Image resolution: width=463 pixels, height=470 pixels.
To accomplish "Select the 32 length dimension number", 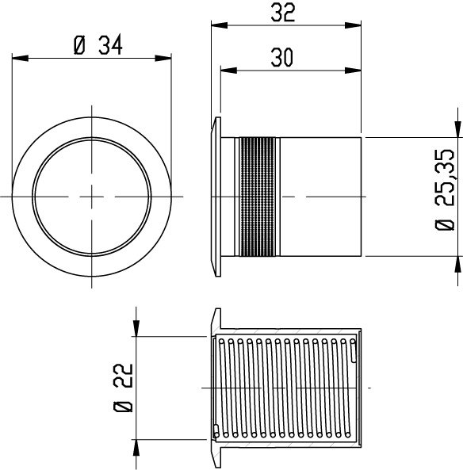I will point(285,12).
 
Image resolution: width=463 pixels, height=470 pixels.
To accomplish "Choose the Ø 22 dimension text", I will point(123,388).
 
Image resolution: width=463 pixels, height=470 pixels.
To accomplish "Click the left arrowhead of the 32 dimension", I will point(216,25).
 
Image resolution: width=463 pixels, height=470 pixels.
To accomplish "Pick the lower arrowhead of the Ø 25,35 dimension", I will point(456,262).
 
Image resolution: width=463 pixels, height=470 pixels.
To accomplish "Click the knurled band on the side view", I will point(259,197).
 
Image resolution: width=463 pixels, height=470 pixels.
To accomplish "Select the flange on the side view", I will point(215,197).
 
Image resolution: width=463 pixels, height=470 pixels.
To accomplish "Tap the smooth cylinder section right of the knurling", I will point(321,197).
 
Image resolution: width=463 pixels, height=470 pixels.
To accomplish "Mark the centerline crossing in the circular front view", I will point(93,196).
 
